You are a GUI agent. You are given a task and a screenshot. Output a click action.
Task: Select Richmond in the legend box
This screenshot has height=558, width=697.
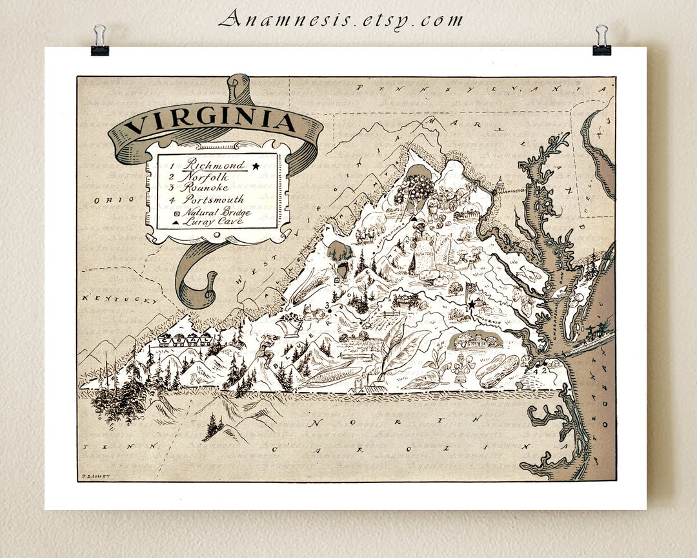214,165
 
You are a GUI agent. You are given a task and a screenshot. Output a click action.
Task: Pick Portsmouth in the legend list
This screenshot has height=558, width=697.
212,200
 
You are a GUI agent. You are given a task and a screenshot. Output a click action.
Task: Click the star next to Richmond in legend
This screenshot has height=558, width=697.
256,166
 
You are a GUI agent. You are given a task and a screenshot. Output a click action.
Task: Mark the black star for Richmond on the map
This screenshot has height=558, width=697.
471,304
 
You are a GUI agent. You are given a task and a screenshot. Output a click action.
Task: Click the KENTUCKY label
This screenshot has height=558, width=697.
119,300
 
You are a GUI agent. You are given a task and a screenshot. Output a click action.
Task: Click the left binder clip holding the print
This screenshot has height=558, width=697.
99,40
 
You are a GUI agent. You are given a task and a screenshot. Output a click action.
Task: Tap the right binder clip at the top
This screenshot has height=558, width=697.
601,40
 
